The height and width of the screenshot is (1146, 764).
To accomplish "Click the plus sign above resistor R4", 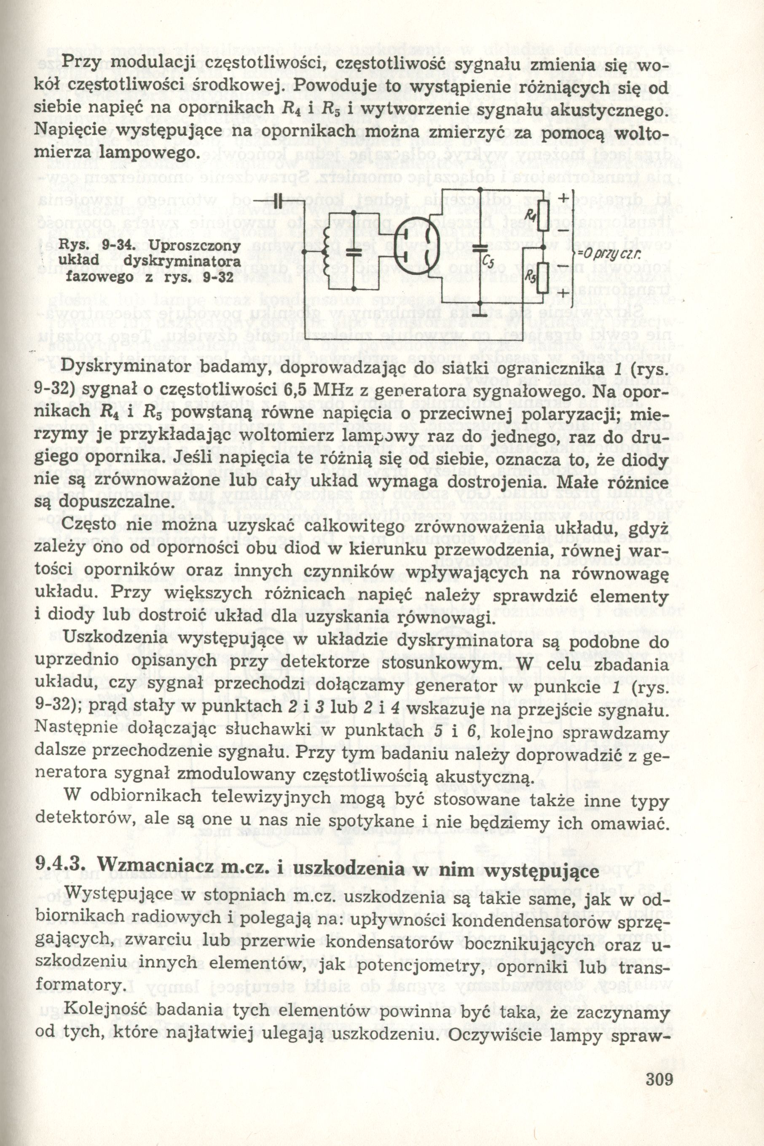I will pos(562,199).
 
